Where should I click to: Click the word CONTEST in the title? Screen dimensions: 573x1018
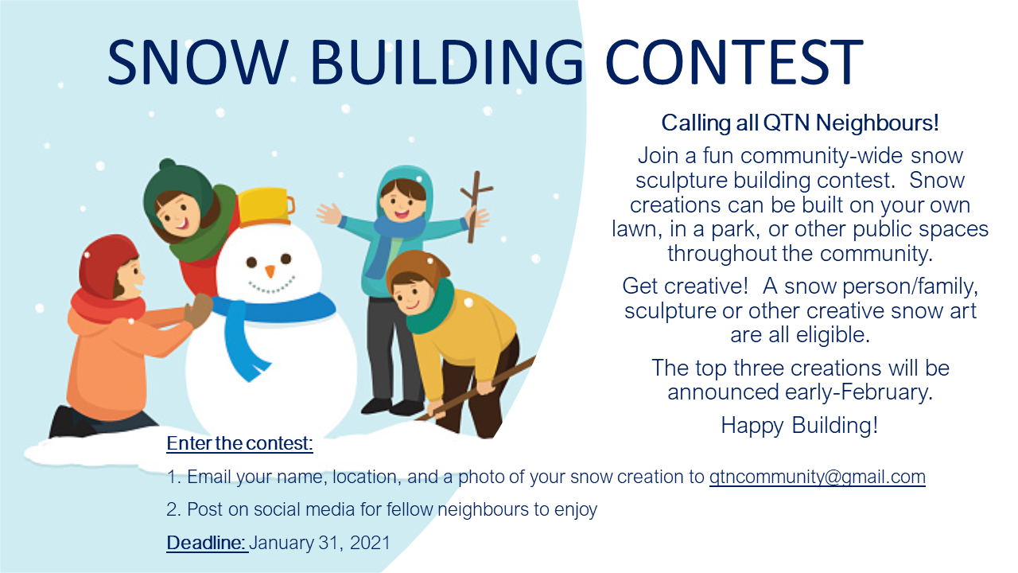point(734,61)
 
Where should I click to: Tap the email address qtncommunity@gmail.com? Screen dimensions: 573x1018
point(817,477)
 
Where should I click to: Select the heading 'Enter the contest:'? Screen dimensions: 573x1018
point(239,443)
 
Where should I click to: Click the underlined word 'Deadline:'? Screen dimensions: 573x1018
point(206,543)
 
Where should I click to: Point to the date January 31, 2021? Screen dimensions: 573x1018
point(320,543)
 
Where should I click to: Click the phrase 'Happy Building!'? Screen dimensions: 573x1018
point(799,425)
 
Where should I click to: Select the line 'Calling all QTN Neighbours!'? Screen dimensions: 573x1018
point(800,123)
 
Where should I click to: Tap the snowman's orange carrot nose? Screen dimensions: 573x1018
point(270,271)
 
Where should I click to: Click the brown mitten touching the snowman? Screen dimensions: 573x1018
point(198,310)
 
